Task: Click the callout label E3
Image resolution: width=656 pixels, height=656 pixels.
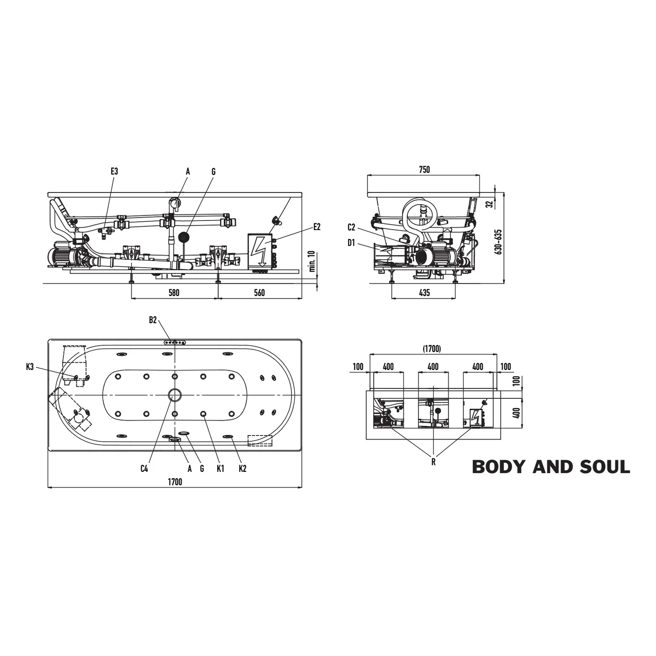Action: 114,171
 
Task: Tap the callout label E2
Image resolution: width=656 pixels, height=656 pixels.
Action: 317,227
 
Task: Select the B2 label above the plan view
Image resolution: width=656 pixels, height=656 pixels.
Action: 153,320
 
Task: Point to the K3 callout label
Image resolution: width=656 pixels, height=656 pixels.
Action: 30,367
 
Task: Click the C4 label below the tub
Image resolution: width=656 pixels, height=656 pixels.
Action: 144,468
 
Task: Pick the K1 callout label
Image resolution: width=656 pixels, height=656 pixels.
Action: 220,468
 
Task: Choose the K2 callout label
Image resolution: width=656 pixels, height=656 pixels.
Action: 243,468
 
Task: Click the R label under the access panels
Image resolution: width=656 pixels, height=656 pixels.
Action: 433,462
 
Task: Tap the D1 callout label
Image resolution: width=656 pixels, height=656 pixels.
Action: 351,243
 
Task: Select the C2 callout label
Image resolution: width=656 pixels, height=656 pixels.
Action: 352,227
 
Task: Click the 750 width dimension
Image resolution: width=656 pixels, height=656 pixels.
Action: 424,170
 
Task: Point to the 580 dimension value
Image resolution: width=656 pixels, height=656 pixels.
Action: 174,293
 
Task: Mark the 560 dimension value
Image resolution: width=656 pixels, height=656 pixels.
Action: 259,293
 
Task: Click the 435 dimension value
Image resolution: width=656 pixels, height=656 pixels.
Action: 424,293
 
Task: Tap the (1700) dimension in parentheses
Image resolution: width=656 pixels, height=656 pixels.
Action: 432,349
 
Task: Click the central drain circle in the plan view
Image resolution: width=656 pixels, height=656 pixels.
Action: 174,395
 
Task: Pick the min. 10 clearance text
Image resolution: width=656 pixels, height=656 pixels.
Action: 312,262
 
